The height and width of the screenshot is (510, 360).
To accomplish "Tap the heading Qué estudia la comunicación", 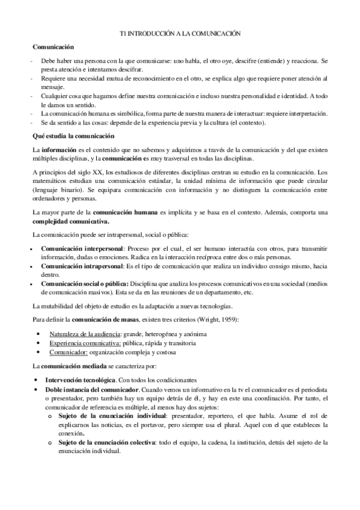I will [x=69, y=136].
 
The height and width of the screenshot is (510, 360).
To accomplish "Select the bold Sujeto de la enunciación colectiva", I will [x=109, y=442].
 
